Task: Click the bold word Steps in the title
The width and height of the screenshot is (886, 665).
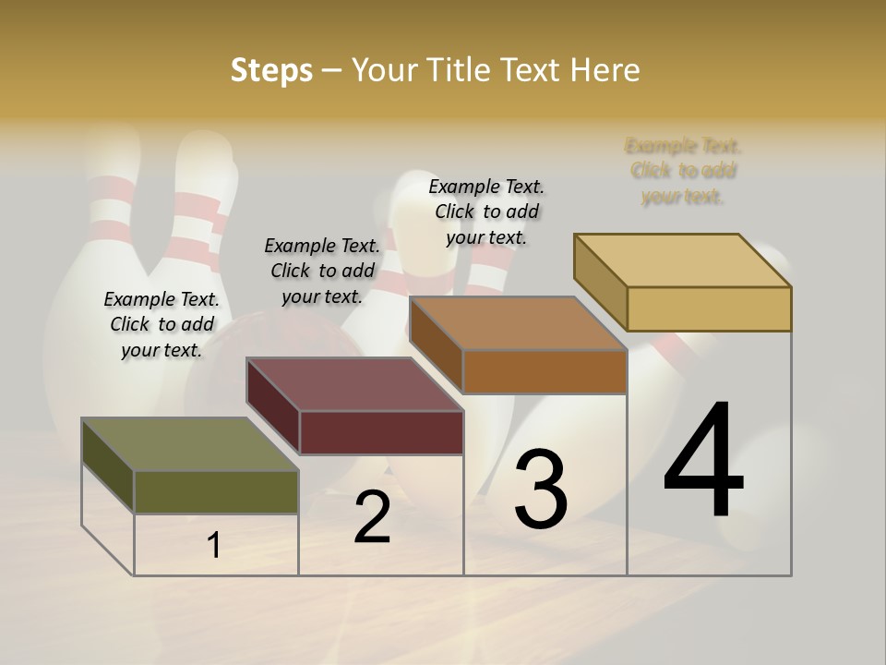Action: tap(271, 70)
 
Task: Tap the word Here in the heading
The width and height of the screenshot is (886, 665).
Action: tap(605, 70)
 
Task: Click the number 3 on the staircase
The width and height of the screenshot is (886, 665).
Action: tap(540, 489)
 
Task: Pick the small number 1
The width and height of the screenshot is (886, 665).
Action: tap(214, 546)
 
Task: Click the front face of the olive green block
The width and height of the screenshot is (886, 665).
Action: tap(216, 491)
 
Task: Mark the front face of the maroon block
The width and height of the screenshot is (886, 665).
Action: tap(381, 432)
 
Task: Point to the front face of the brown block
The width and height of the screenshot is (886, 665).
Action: tap(545, 371)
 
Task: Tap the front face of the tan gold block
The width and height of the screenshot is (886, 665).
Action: tap(709, 308)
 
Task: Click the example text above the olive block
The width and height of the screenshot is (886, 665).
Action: tap(162, 324)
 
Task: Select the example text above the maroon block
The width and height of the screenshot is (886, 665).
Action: tap(322, 271)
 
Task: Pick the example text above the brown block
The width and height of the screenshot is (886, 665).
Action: tap(486, 212)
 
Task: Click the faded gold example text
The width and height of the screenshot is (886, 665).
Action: tap(683, 171)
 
